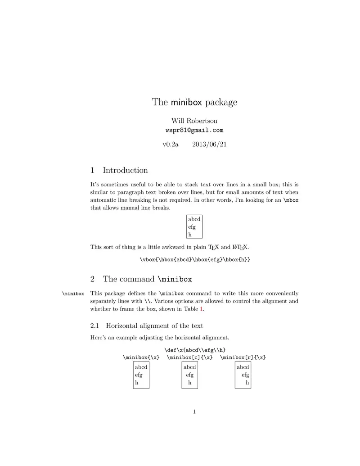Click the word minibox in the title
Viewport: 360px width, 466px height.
click(186, 102)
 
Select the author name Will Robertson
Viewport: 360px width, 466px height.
click(194, 121)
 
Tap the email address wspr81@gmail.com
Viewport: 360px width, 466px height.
click(194, 130)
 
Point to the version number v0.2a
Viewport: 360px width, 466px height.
click(170, 144)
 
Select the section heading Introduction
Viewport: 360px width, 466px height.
click(125, 170)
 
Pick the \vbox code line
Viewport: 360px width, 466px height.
click(194, 259)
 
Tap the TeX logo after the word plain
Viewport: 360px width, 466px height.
click(214, 247)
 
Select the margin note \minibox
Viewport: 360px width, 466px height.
click(73, 294)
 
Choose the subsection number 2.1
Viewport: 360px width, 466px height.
click(95, 326)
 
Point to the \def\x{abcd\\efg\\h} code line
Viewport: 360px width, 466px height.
click(194, 350)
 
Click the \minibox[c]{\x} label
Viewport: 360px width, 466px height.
click(189, 357)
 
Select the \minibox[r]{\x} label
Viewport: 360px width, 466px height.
click(243, 357)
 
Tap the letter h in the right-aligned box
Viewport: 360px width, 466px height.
click(247, 383)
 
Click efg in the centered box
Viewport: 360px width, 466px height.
click(189, 375)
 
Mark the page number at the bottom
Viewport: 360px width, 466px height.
click(194, 412)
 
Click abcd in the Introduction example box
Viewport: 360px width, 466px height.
click(194, 219)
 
